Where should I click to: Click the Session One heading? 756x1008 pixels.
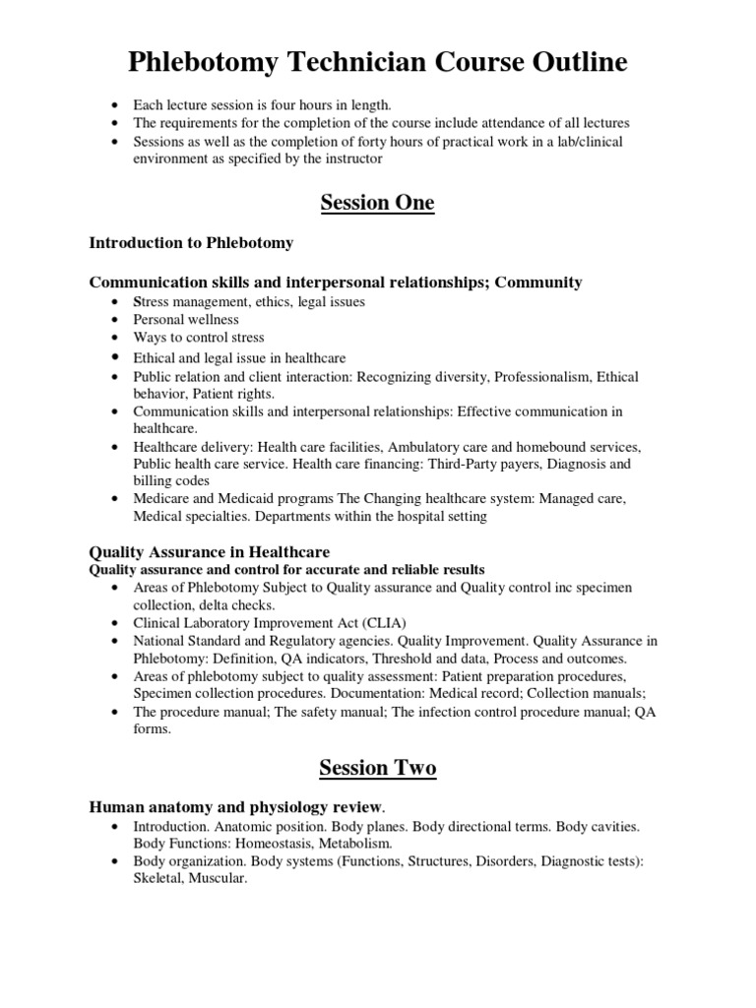pyautogui.click(x=377, y=203)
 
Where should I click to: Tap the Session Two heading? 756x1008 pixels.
pyautogui.click(x=377, y=768)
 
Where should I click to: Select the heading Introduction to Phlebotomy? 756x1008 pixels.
pyautogui.click(x=191, y=242)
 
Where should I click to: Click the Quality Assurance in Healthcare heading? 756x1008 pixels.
pyautogui.click(x=210, y=552)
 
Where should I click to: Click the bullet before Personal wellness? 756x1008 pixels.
pyautogui.click(x=117, y=320)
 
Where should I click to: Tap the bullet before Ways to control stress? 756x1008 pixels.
pyautogui.click(x=117, y=338)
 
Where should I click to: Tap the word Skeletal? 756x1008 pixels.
pyautogui.click(x=158, y=879)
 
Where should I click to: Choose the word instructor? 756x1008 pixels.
pyautogui.click(x=347, y=158)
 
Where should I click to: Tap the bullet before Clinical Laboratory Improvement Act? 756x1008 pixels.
pyautogui.click(x=117, y=623)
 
